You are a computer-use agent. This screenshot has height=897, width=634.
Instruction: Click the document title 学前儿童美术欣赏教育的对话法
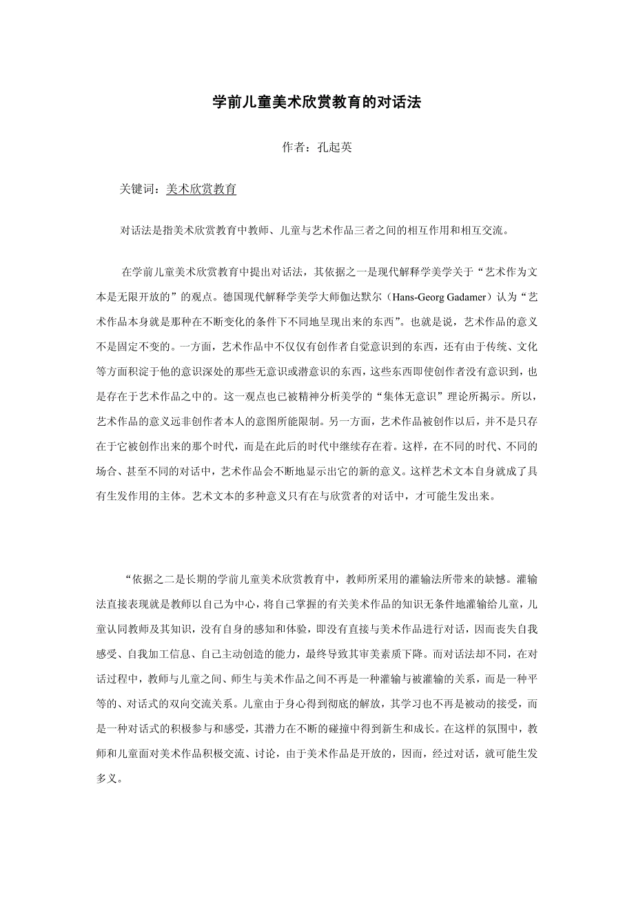(x=316, y=103)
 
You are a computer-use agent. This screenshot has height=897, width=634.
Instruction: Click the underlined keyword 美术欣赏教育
(x=201, y=189)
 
